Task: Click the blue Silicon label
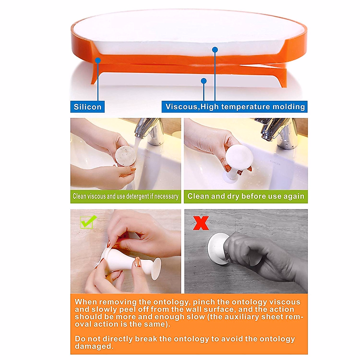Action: point(87,107)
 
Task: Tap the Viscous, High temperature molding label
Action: point(235,107)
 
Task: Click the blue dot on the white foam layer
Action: point(215,50)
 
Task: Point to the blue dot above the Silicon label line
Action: point(98,60)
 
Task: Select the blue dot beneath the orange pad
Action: point(204,81)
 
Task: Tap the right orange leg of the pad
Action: point(283,79)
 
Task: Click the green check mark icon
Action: point(88,222)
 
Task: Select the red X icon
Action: point(201,223)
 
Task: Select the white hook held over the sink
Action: point(238,159)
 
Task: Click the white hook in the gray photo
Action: point(217,249)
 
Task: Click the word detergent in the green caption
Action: point(137,196)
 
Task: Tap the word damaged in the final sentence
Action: point(94,346)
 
